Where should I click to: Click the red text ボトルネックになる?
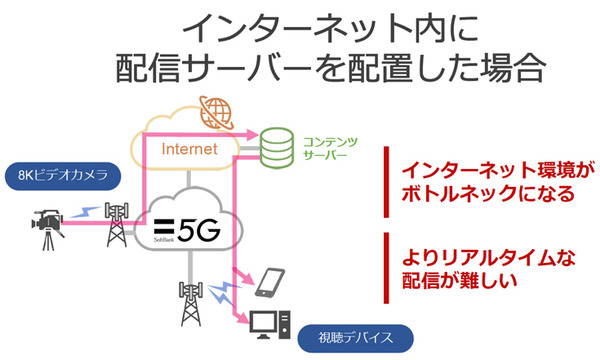(476, 193)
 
